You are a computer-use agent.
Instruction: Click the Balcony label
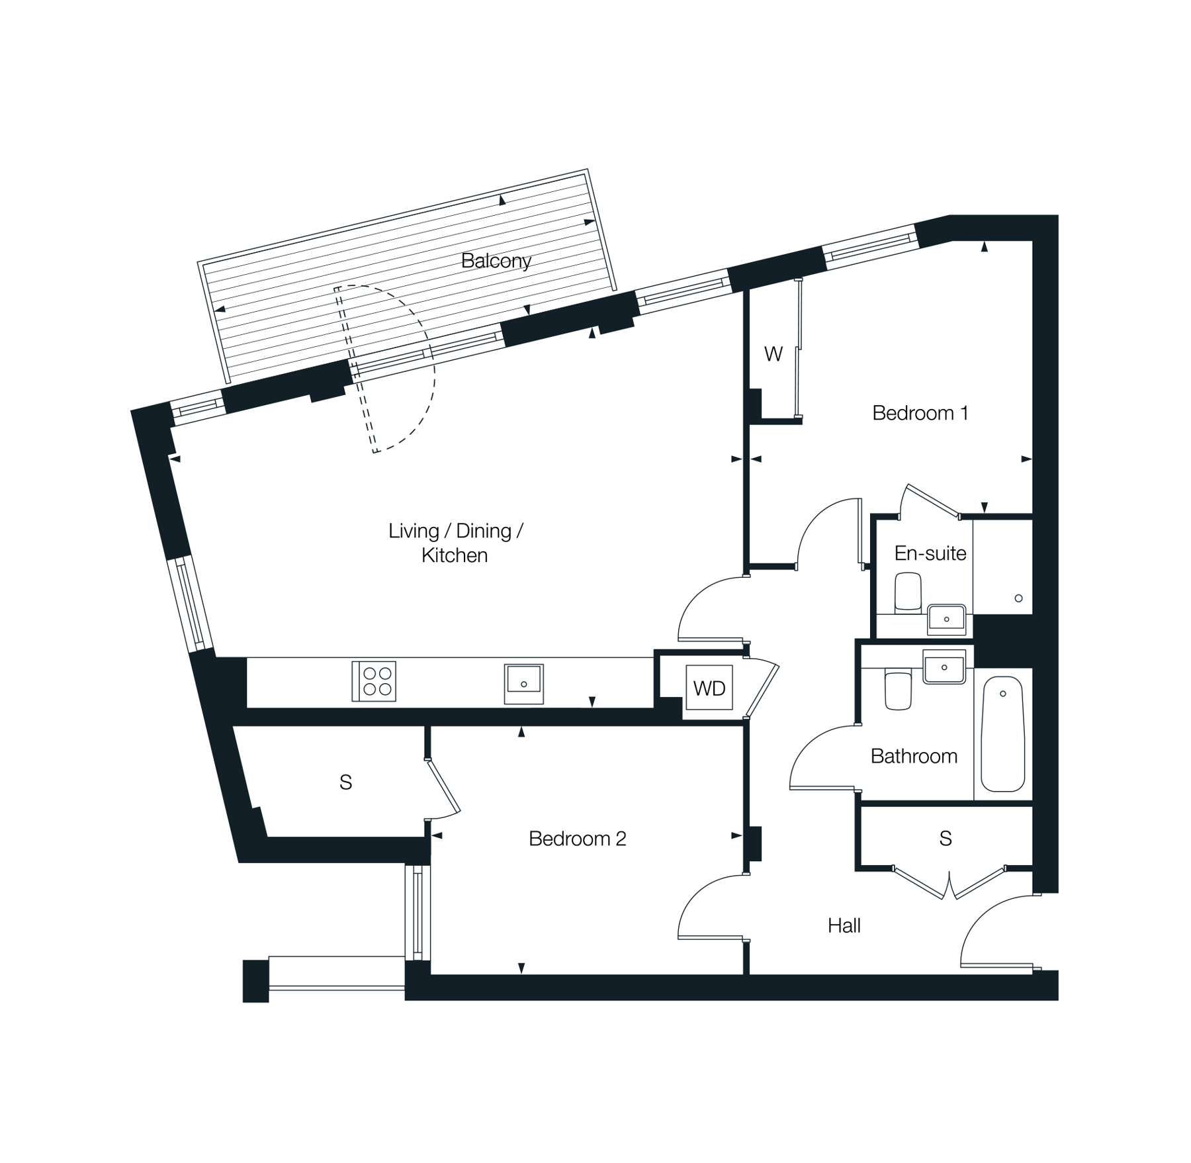[x=496, y=261]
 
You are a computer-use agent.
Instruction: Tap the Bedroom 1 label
[x=920, y=413]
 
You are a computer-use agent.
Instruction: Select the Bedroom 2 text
[x=577, y=839]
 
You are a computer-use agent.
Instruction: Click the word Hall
[x=844, y=925]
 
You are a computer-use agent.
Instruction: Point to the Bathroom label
[x=914, y=756]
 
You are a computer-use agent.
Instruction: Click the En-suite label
[x=930, y=553]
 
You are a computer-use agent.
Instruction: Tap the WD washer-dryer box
[x=709, y=688]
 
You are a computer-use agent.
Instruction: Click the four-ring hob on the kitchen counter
[x=374, y=681]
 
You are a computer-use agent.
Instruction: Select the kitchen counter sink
[x=524, y=684]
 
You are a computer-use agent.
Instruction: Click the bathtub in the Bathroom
[x=1003, y=734]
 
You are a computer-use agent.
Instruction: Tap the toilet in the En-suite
[x=908, y=592]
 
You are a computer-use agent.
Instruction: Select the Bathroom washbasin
[x=944, y=667]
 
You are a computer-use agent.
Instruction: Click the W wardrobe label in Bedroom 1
[x=773, y=354]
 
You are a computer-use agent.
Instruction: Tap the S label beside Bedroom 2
[x=345, y=782]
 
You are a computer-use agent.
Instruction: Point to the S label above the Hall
[x=946, y=839]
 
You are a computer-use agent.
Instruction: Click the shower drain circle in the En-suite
[x=1018, y=598]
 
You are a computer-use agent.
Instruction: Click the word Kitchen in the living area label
[x=455, y=555]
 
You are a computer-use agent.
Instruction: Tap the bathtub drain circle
[x=1003, y=694]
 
